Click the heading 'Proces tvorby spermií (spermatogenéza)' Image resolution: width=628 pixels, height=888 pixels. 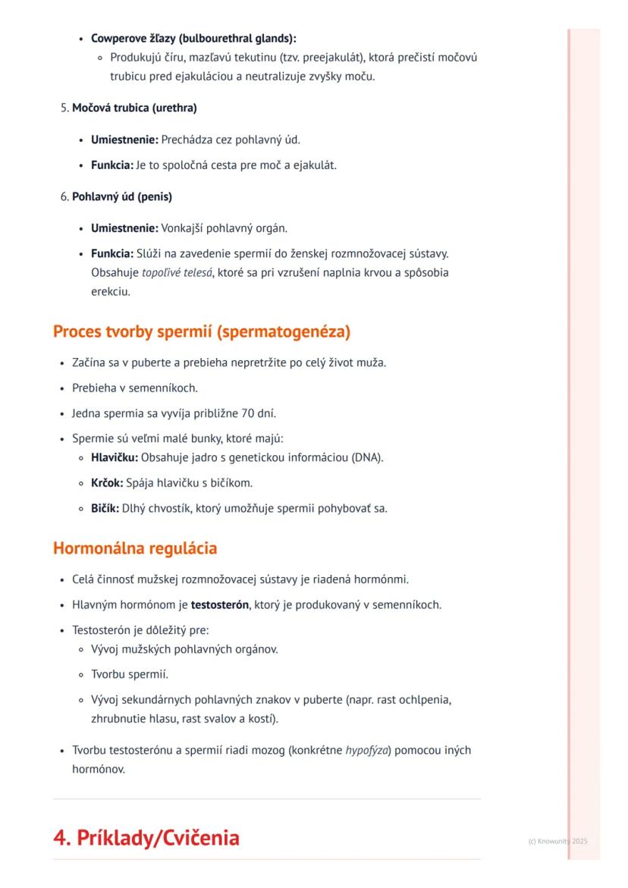(202, 332)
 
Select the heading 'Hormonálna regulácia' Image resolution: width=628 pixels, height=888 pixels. (135, 548)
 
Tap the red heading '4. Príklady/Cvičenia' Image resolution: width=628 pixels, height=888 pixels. (146, 838)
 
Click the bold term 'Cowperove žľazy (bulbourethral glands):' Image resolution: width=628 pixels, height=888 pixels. (194, 38)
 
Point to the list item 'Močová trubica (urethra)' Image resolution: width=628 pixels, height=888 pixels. (134, 108)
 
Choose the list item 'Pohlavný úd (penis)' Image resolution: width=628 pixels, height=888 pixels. (122, 197)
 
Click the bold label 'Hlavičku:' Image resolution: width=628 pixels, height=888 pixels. (115, 457)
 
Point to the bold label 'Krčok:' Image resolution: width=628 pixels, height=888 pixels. (107, 482)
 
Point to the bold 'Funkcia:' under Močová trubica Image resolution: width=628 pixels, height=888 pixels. (111, 165)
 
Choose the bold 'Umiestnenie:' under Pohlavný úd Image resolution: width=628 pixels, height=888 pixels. (124, 228)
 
